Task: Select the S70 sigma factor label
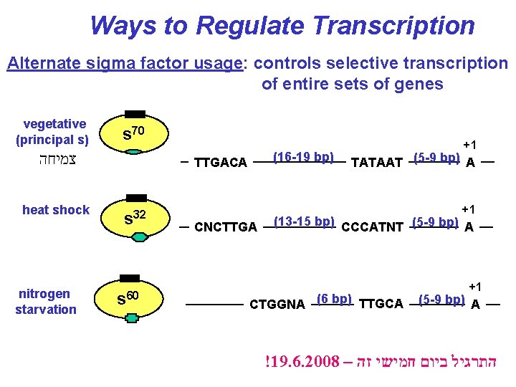pos(135,133)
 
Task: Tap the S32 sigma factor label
pos(135,216)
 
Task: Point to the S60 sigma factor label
pos(129,296)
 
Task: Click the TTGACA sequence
pos(221,163)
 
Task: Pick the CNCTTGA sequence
pos(225,228)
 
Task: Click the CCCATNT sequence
pos(373,228)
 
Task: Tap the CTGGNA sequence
pos(277,305)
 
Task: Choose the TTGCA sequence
pos(381,305)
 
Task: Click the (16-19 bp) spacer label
pos(304,156)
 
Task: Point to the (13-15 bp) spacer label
pos(305,221)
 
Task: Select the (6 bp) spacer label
pos(333,298)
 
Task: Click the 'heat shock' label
pos(56,210)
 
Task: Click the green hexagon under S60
pos(130,317)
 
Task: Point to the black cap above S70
pos(135,114)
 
